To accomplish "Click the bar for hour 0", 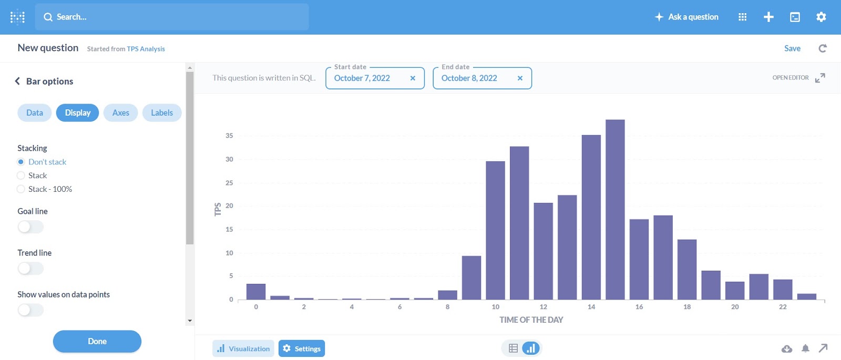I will pyautogui.click(x=256, y=292).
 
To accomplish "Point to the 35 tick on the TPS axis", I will pyautogui.click(x=229, y=136).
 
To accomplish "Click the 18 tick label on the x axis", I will pyautogui.click(x=687, y=307).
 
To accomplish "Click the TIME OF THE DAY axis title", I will pyautogui.click(x=531, y=320).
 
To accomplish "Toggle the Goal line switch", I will pyautogui.click(x=30, y=227).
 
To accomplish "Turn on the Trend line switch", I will pyautogui.click(x=30, y=269).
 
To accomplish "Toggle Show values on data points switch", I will pyautogui.click(x=30, y=310).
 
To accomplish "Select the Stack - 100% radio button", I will pyautogui.click(x=21, y=189).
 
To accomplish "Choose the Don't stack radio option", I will pyautogui.click(x=21, y=162).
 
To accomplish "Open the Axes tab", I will pyautogui.click(x=120, y=113).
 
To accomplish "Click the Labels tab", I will pyautogui.click(x=162, y=113).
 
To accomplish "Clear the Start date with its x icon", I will pyautogui.click(x=413, y=78).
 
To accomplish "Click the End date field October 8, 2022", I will pyautogui.click(x=469, y=78).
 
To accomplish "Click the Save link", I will pyautogui.click(x=792, y=48).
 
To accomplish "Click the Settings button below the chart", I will pyautogui.click(x=302, y=348).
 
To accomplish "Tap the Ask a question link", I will pyautogui.click(x=686, y=17).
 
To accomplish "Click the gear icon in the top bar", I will pyautogui.click(x=821, y=17).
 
